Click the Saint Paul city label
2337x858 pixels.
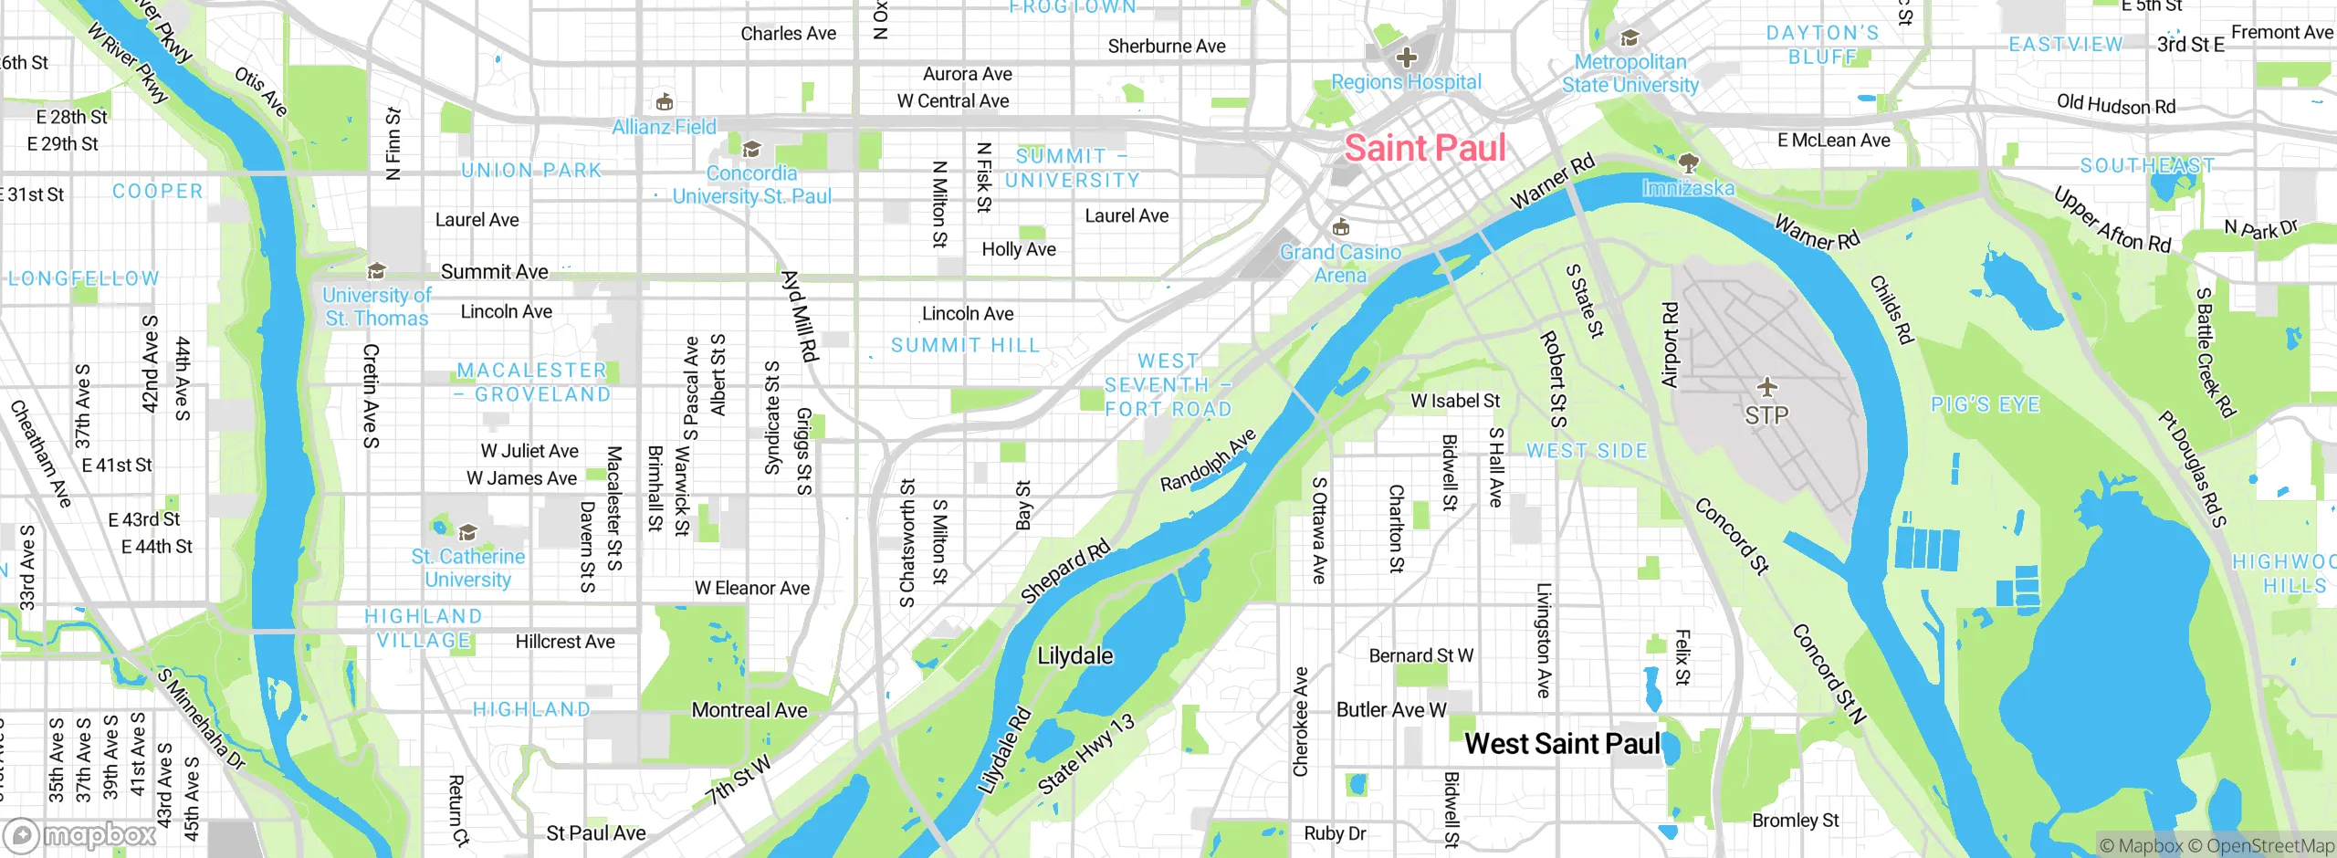pos(1424,149)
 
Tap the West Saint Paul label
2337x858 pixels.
pos(1562,744)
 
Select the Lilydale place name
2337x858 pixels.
pos(1074,656)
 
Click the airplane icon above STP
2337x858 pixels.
pos(1767,387)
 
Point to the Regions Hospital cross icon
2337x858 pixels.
pos(1407,58)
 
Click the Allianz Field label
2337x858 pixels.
pos(664,128)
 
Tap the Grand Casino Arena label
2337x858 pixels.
pos(1339,264)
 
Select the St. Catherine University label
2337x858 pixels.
pos(467,568)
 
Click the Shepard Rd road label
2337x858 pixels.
pos(1064,571)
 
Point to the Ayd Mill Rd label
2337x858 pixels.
pos(798,316)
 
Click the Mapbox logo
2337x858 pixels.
pos(80,834)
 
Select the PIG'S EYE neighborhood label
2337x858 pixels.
pos(1985,404)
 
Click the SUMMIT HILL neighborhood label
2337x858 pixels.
pos(965,346)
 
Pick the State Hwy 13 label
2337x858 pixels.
pos(1086,754)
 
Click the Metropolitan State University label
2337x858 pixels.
pos(1630,74)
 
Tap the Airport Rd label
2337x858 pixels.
pos(1670,346)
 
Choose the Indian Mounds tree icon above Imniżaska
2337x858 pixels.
pos(1689,163)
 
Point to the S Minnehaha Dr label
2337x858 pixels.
pos(201,719)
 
